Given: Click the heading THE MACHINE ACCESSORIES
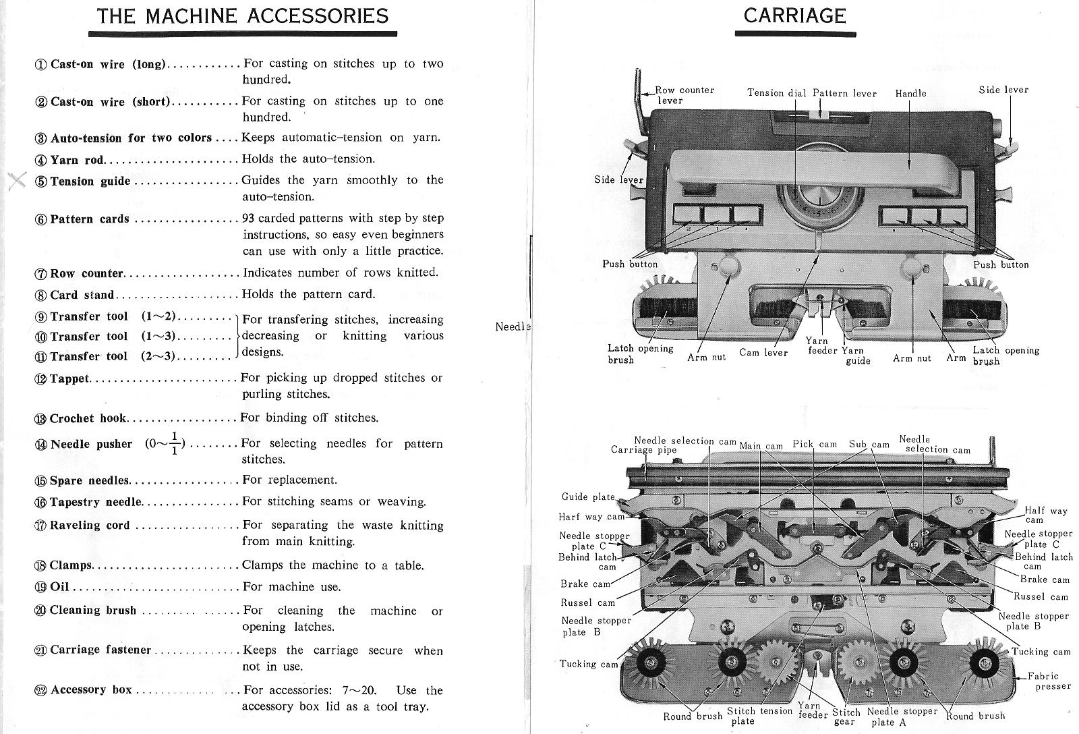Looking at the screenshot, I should (x=243, y=16).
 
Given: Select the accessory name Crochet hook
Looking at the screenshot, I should (x=88, y=418).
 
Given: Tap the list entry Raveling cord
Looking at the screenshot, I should (x=90, y=525).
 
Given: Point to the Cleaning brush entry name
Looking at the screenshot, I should (x=93, y=611).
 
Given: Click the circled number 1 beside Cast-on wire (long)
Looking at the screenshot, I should (x=40, y=65).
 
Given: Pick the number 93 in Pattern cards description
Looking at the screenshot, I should (x=249, y=219).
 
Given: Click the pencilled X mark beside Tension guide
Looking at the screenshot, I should (x=18, y=180).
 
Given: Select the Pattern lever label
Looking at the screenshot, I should (x=844, y=93).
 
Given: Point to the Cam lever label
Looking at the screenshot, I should (x=763, y=353).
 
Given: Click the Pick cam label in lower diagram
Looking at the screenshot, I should (x=814, y=444).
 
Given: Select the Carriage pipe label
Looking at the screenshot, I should (x=643, y=450).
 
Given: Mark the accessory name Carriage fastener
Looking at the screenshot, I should (x=100, y=650).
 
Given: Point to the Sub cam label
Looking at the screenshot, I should (x=869, y=444).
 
